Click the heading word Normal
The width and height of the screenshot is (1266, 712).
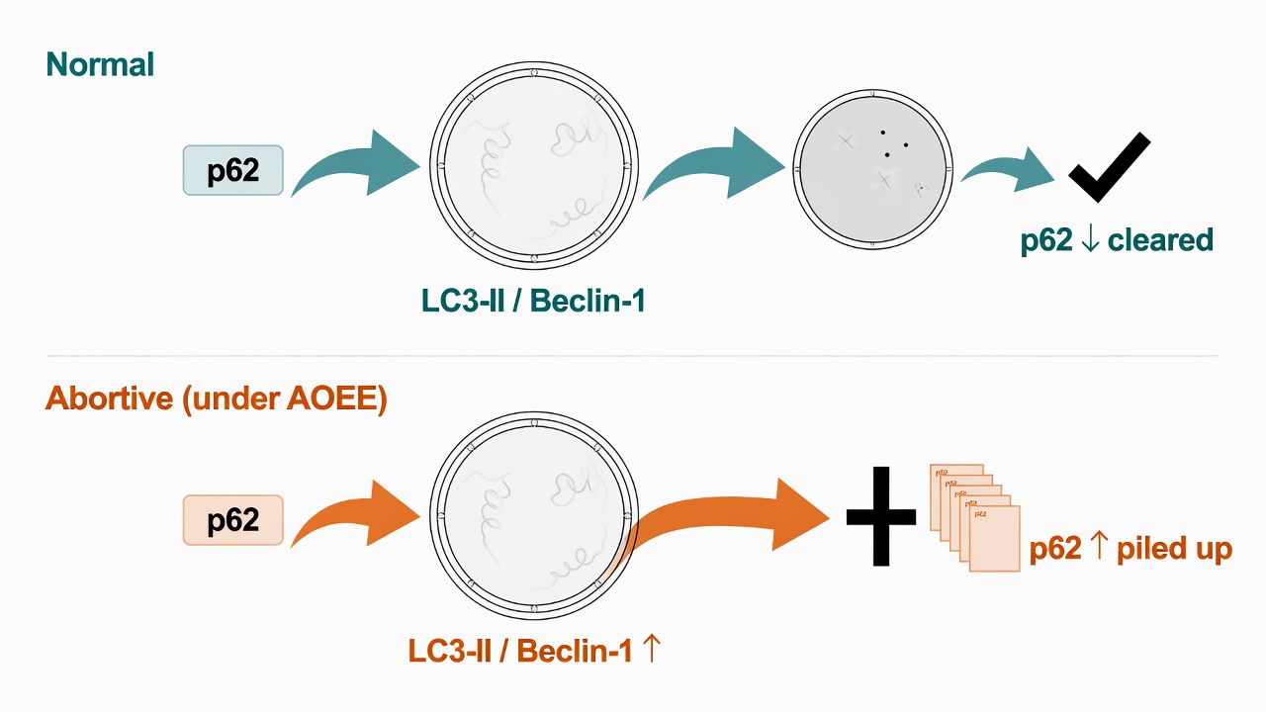100,64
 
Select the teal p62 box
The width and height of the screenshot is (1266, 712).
232,170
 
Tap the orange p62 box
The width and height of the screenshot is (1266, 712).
232,520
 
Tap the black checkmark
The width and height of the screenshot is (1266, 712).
1109,167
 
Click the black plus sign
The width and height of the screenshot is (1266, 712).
881,516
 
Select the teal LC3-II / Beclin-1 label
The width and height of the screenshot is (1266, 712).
533,301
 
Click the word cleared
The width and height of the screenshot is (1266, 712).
1160,239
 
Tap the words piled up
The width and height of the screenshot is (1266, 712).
1174,549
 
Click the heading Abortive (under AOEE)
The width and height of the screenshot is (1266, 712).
217,399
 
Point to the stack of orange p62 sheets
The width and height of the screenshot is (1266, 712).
975,517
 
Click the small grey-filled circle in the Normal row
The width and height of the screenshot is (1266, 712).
873,168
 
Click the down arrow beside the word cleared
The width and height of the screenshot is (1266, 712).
1090,239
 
